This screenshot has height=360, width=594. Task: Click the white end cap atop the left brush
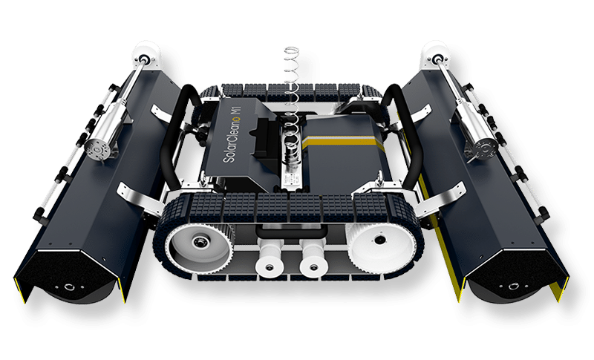pos(144,56)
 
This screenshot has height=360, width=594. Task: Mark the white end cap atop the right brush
pos(433,54)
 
